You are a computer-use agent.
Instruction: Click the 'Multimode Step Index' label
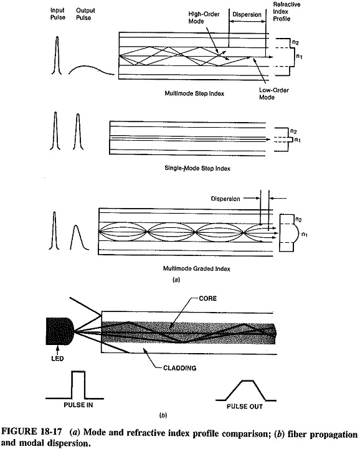tap(194, 93)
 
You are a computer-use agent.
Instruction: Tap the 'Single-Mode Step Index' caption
tap(197, 168)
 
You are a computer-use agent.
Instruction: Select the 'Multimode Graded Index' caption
tap(196, 268)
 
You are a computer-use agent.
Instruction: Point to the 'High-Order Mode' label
tap(204, 17)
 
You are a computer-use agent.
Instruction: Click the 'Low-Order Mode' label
tap(274, 93)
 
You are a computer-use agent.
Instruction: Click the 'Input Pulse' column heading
tap(58, 14)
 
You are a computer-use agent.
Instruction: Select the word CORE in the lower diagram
tap(207, 298)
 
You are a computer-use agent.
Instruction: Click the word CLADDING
tap(179, 368)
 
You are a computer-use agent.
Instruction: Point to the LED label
tap(57, 359)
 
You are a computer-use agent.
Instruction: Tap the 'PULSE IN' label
tap(78, 405)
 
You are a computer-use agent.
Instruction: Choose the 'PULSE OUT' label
tap(245, 406)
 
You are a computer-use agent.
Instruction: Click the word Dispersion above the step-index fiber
tap(247, 14)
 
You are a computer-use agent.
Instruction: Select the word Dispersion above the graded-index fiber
tap(225, 199)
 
